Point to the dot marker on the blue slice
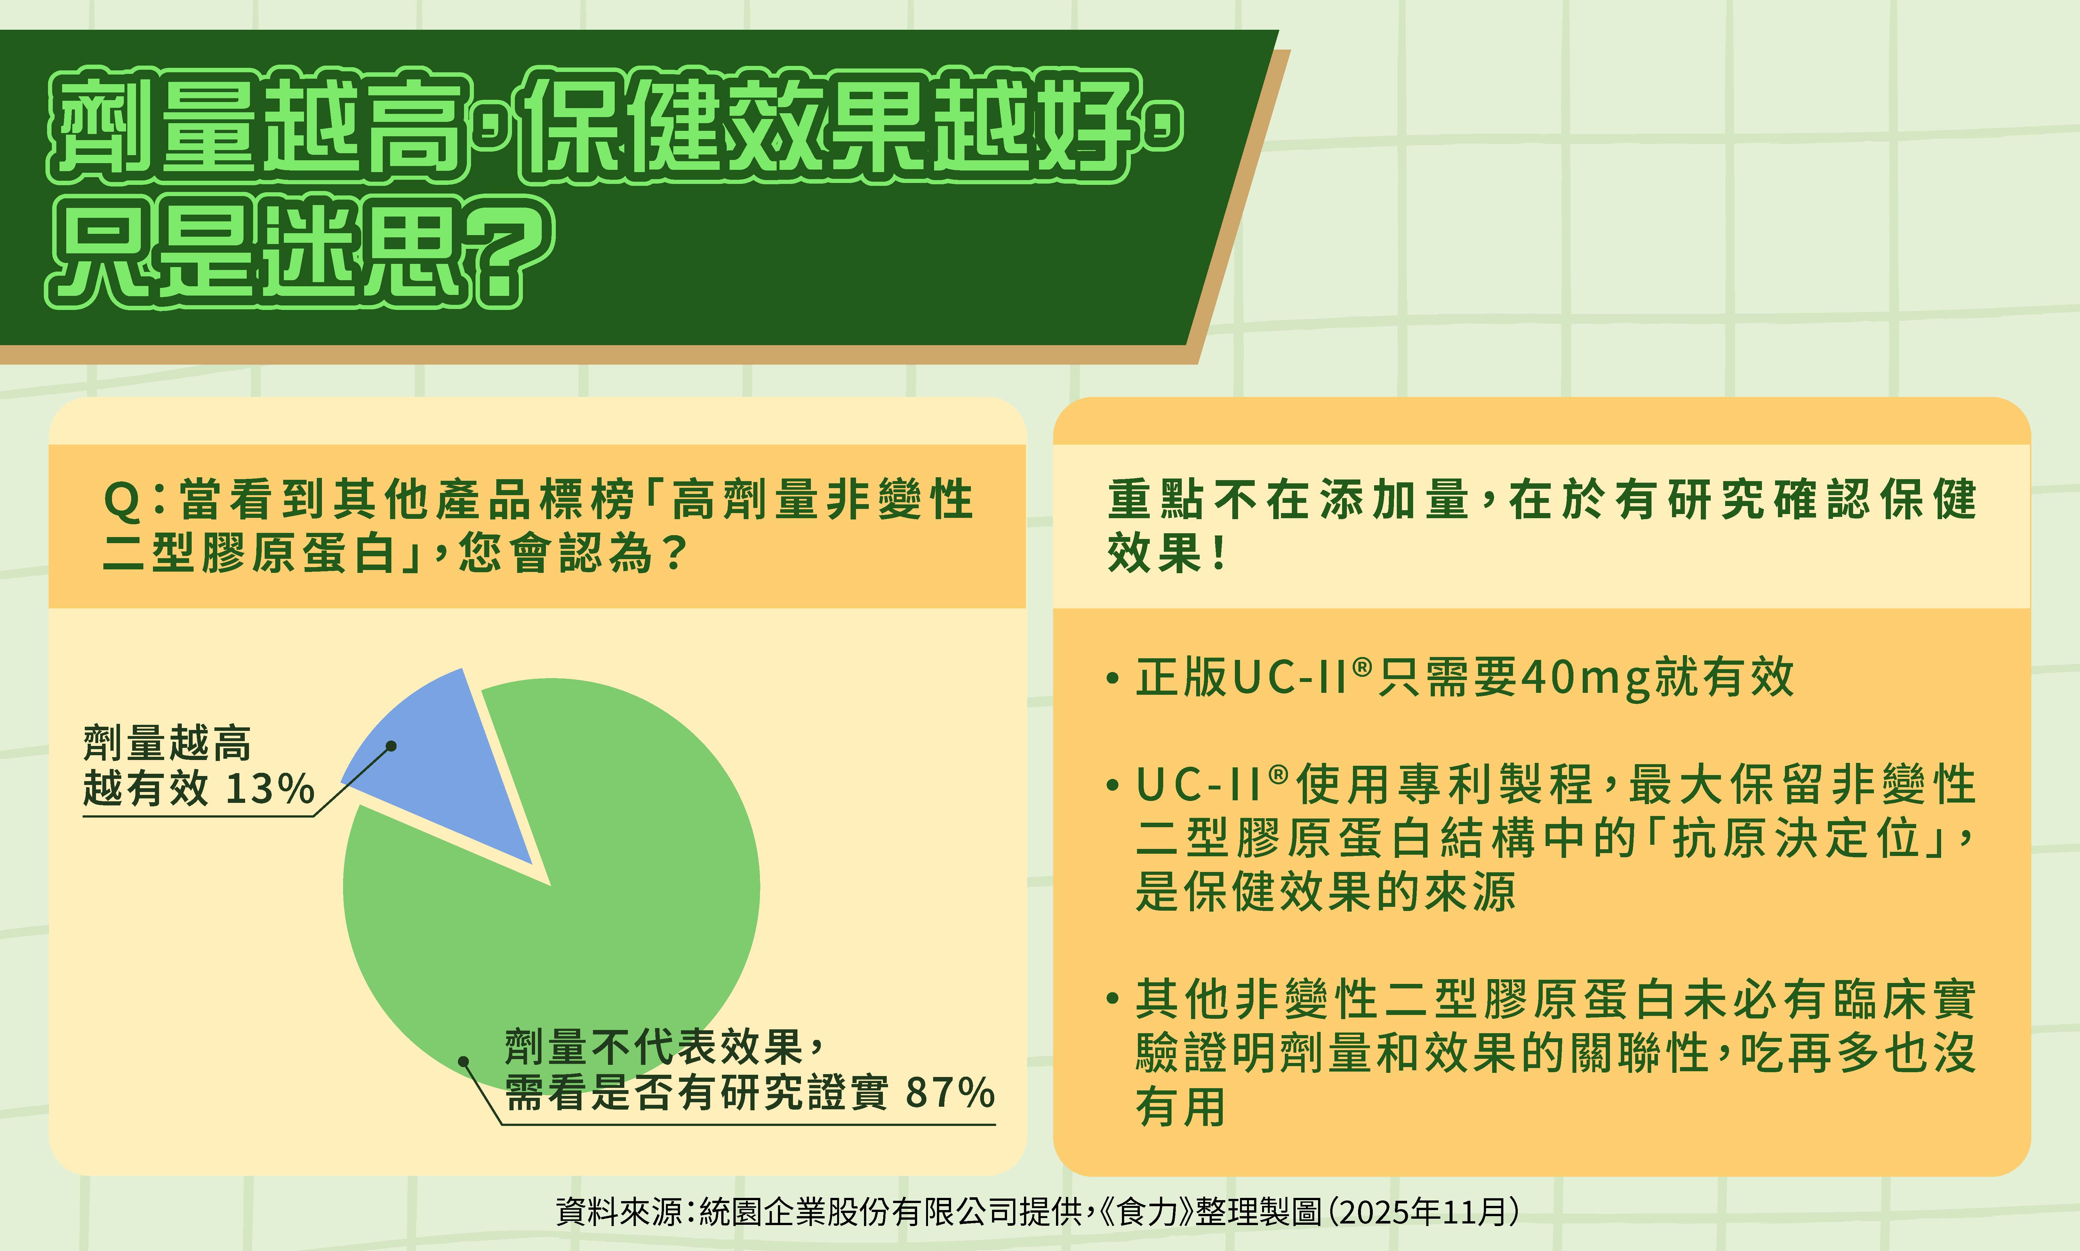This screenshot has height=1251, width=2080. [391, 746]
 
